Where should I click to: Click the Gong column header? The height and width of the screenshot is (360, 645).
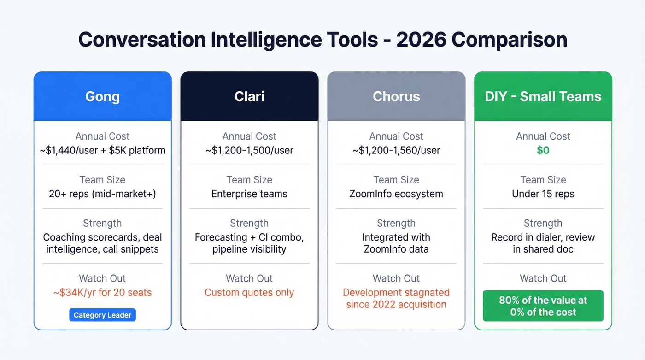[102, 96]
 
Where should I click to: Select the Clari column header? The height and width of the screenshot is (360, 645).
[249, 96]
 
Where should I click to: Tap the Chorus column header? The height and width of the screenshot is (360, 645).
[396, 96]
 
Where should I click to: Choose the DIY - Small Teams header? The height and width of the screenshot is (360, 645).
[543, 96]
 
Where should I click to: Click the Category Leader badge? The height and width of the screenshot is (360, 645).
[102, 315]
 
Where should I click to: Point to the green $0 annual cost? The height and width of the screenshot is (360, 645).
[543, 150]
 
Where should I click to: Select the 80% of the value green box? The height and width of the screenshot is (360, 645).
[543, 306]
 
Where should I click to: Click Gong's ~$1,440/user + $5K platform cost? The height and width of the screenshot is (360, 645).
[102, 150]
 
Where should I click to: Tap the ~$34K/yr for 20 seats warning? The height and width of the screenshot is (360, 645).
[102, 292]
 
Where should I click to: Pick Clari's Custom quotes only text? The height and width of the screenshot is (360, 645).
[249, 292]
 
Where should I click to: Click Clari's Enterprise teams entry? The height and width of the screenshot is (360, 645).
[249, 194]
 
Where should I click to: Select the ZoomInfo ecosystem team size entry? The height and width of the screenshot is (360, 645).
[396, 194]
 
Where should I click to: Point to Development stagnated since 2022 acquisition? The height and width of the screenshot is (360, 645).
[396, 298]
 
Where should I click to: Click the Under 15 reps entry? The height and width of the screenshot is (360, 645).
[543, 194]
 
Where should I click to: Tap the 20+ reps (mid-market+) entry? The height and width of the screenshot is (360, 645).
[102, 194]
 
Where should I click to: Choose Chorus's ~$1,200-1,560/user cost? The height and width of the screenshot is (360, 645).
[396, 150]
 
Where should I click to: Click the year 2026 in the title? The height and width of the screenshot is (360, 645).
[421, 40]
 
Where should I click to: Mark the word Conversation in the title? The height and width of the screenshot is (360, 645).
[141, 40]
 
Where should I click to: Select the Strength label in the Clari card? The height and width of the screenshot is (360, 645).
[249, 223]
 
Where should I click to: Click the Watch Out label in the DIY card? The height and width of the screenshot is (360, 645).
[543, 278]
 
